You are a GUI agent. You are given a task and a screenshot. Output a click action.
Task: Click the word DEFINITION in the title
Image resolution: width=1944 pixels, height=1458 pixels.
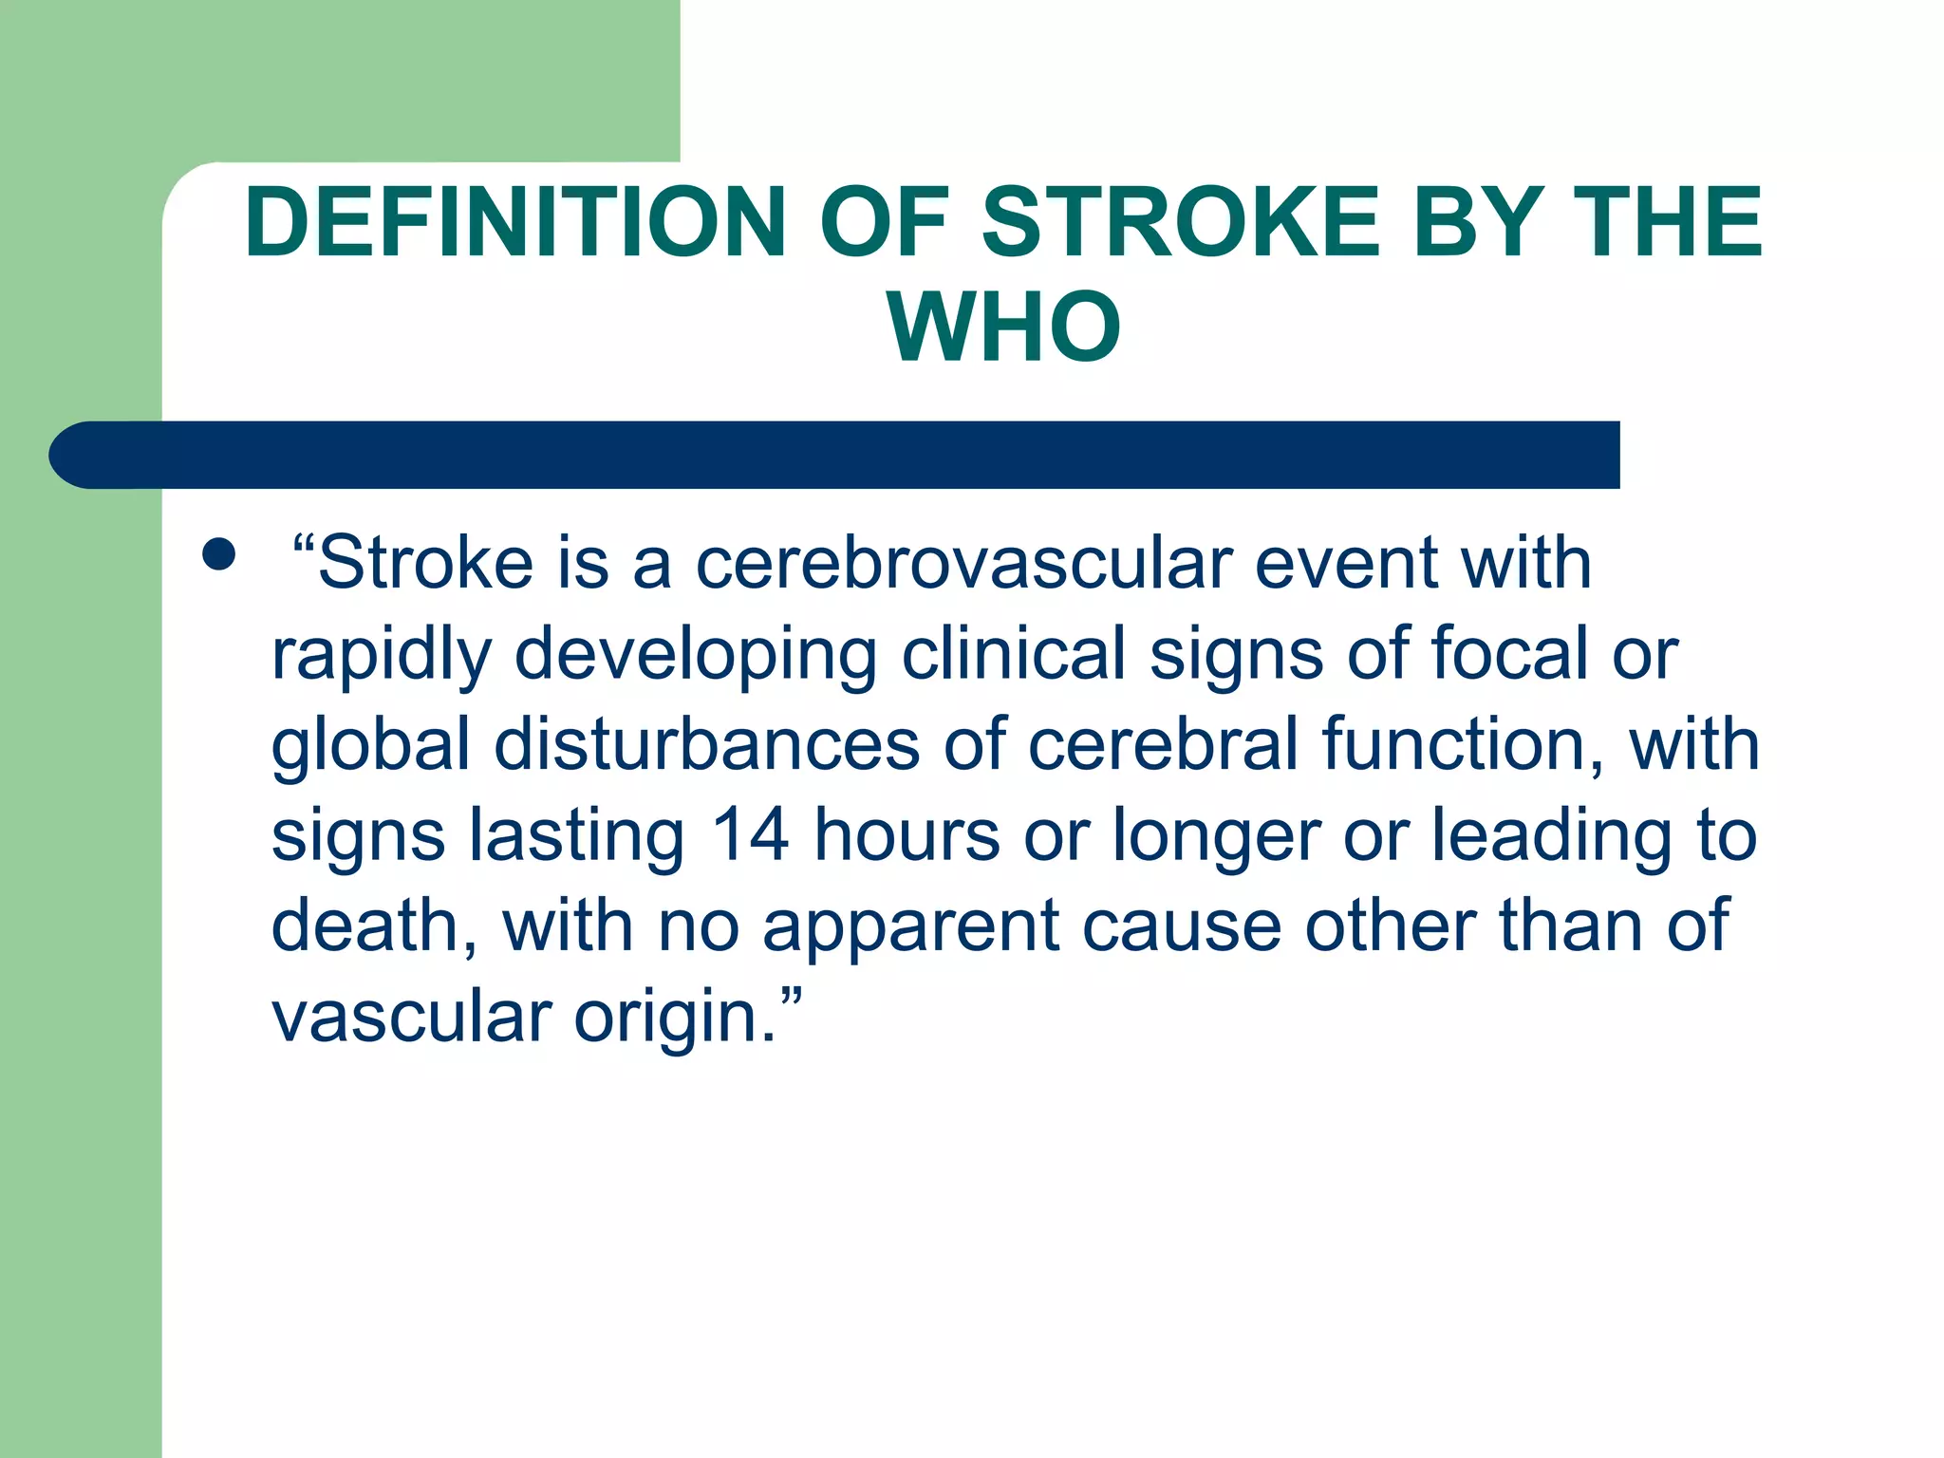514,222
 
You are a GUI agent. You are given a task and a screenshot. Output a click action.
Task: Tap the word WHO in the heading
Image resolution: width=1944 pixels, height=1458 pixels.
1004,327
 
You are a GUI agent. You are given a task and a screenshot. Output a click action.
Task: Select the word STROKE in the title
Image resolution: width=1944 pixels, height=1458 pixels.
1180,222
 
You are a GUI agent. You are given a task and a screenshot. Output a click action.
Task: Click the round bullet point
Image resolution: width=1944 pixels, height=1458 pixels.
219,554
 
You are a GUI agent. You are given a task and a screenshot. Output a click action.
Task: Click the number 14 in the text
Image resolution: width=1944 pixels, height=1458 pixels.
750,835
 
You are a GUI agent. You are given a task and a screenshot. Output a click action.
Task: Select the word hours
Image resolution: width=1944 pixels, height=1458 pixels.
907,835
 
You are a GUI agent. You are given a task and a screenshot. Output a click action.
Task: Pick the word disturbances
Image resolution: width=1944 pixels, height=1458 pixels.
706,745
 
